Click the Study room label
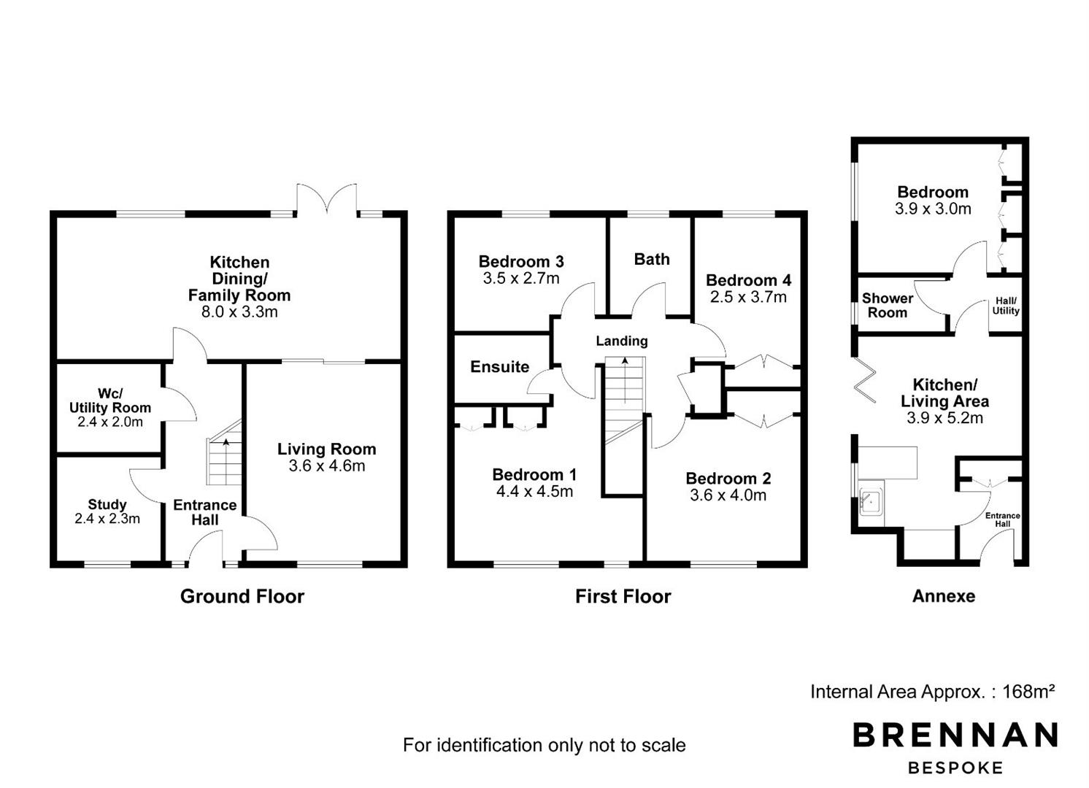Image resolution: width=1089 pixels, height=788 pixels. (x=107, y=504)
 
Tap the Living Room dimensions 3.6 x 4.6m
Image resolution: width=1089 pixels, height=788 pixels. (x=327, y=466)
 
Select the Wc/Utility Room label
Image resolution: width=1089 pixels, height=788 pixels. (x=110, y=400)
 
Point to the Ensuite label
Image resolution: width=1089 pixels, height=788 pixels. (x=500, y=366)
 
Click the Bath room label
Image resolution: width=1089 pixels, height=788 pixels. (x=652, y=259)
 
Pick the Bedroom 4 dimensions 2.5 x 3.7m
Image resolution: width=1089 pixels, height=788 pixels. (x=748, y=296)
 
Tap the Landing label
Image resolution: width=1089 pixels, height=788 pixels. (x=622, y=341)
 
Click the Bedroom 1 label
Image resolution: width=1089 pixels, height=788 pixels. (x=534, y=474)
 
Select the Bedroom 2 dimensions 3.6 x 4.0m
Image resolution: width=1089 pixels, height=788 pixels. (x=728, y=495)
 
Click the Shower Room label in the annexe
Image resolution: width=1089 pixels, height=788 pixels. (x=888, y=305)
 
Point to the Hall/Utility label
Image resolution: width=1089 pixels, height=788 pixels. (x=1006, y=306)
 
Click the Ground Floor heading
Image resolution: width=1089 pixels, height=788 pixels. (x=242, y=596)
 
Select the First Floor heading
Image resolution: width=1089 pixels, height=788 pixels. (x=623, y=596)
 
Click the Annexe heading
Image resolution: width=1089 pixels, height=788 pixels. (x=944, y=596)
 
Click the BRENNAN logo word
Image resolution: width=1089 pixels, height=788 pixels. (x=955, y=735)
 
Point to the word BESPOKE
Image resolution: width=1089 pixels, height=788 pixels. (x=955, y=768)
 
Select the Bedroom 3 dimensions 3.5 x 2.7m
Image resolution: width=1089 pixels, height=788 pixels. (x=521, y=278)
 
